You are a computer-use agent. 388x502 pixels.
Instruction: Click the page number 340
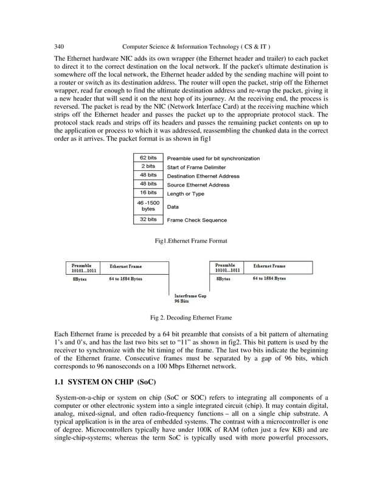(59, 46)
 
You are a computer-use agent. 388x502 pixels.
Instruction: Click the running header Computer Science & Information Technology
(196, 46)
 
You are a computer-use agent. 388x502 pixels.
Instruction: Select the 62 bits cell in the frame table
(148, 158)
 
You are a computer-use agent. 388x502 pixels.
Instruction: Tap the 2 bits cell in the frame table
(148, 167)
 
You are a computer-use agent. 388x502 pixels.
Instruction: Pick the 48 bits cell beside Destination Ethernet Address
(148, 176)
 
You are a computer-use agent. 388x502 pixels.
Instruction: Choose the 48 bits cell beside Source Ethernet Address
(148, 184)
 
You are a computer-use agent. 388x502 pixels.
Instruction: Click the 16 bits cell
(148, 193)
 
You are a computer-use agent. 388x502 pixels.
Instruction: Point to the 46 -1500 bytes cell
(148, 206)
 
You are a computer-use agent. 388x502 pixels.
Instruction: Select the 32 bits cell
(148, 219)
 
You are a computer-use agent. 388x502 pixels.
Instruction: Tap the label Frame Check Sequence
(196, 220)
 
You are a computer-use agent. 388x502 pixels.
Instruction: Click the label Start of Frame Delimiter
(196, 167)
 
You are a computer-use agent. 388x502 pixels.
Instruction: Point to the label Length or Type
(185, 194)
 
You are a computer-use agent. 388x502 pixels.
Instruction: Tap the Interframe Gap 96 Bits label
(190, 298)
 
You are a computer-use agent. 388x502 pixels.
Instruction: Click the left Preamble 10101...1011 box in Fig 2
(85, 268)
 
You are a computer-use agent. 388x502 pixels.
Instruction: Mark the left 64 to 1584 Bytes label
(126, 279)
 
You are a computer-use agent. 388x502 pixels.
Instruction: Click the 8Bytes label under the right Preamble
(223, 279)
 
